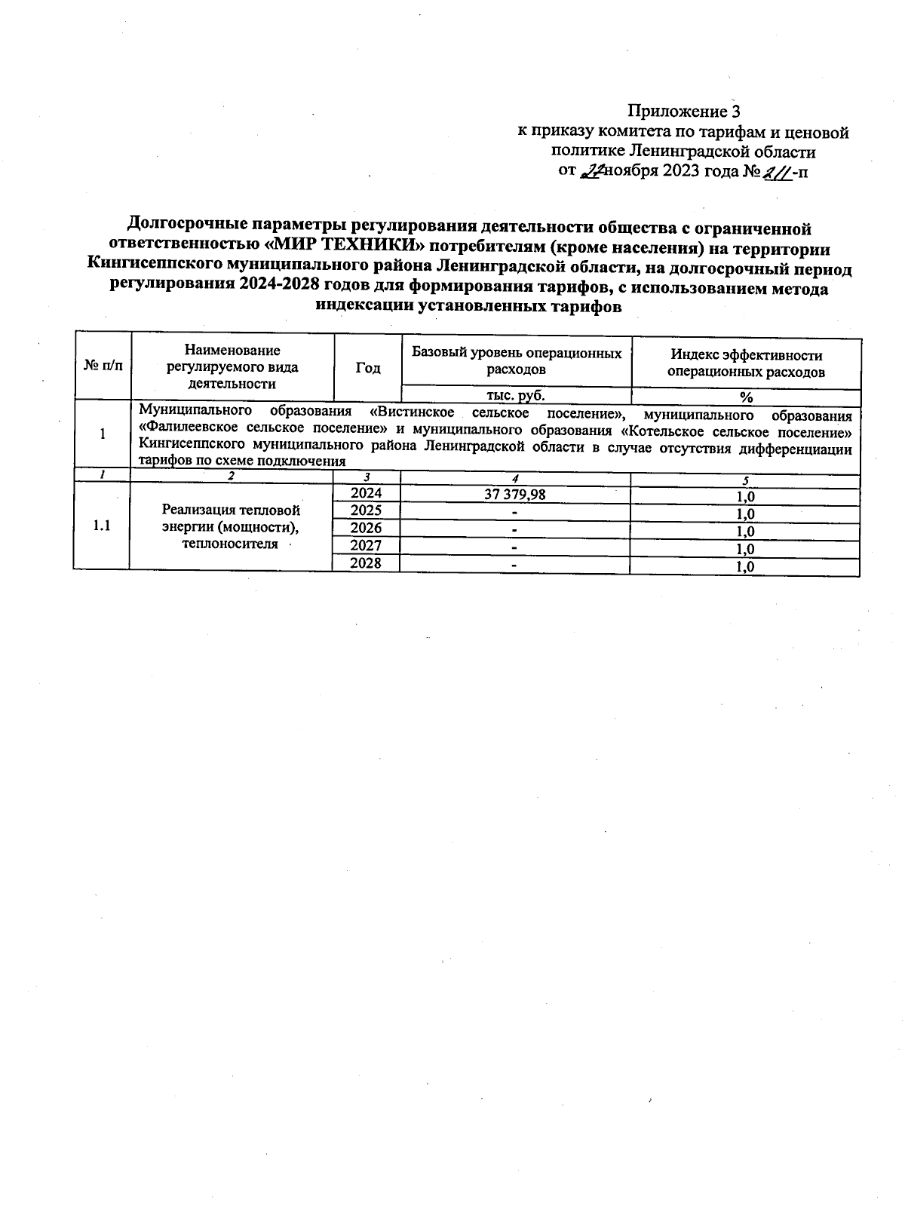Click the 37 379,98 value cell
tap(515, 494)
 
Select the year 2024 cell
tap(367, 493)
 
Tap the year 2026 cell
tap(367, 528)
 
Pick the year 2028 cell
tap(367, 563)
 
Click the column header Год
tap(368, 368)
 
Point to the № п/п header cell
tap(102, 366)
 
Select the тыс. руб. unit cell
tap(516, 394)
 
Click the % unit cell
tap(746, 397)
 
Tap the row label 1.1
tap(102, 526)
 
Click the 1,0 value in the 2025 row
tap(746, 514)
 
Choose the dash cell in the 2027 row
tap(515, 547)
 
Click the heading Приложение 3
tap(683, 112)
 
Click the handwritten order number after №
tap(778, 172)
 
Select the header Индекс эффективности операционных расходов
tap(746, 363)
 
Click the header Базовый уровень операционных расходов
tap(517, 361)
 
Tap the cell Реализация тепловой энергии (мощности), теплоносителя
tap(231, 526)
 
